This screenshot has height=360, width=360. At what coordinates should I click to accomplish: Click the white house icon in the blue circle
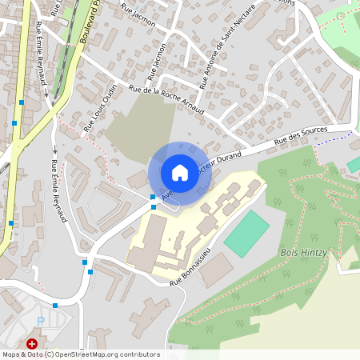click(180, 173)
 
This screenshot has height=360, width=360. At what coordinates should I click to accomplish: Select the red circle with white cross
click(32, 344)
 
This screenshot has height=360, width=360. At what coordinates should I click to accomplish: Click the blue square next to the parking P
click(54, 306)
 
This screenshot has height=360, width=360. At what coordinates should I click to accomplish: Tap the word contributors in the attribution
click(138, 354)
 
